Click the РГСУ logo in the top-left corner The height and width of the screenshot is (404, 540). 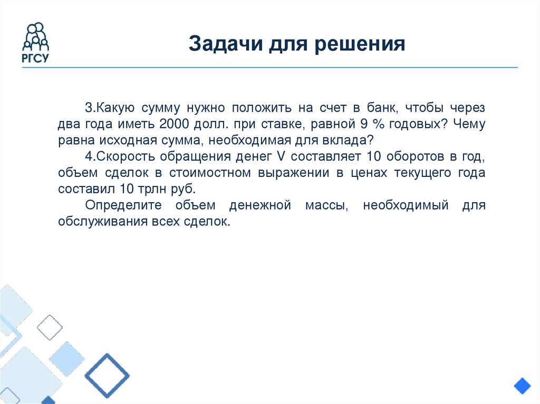(36, 43)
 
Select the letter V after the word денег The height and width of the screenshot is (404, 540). (279, 157)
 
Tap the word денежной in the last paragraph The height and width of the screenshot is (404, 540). (260, 205)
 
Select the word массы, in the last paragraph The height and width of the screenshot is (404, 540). (327, 205)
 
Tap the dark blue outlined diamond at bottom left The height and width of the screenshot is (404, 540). (107, 376)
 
